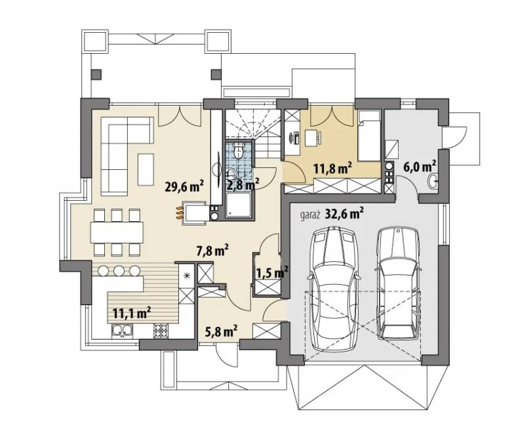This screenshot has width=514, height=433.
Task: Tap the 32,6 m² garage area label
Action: point(344,214)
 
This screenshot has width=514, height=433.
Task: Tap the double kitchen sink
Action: point(122,330)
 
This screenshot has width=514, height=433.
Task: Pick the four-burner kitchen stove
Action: point(161,330)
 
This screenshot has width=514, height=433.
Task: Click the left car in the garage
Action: point(334,289)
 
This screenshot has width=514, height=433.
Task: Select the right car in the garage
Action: point(398,283)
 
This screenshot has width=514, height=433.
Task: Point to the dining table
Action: point(117,232)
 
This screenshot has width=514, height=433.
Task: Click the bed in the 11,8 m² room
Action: point(370,135)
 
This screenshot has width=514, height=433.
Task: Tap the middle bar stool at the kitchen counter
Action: point(119,270)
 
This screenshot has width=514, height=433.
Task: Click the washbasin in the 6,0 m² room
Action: point(433,181)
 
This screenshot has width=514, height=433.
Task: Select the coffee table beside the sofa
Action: point(146,169)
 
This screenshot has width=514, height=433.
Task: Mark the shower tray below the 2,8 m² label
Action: point(239,205)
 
